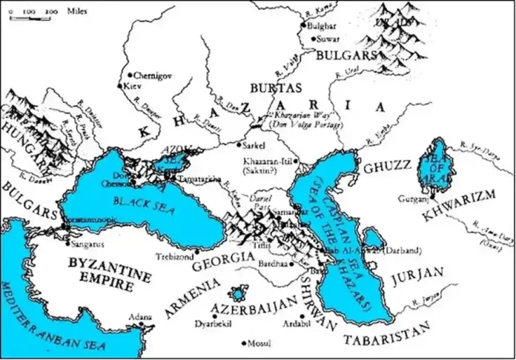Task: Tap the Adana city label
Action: tap(136, 315)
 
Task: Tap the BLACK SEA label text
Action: tap(129, 201)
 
